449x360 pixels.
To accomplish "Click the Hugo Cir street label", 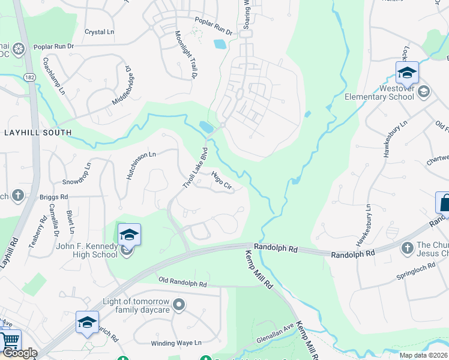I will (221, 180).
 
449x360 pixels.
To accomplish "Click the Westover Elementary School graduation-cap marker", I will (407, 73).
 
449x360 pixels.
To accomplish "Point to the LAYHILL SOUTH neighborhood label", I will (37, 132).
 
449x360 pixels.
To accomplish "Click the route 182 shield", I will (29, 77).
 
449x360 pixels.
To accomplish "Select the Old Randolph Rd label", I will (182, 281).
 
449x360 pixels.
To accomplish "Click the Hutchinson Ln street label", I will (141, 165).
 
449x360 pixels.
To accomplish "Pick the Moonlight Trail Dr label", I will (186, 55).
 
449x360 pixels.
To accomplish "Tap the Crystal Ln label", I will (99, 32).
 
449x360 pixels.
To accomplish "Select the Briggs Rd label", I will (54, 196).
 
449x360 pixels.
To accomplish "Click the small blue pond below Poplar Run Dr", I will (220, 44).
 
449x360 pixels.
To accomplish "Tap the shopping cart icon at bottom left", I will (10, 340).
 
